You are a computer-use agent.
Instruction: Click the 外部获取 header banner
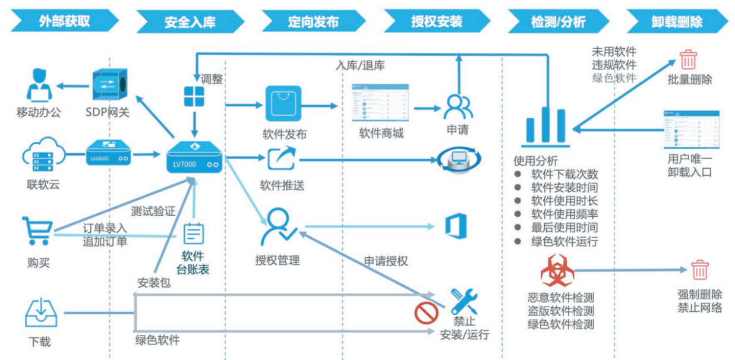pyautogui.click(x=64, y=22)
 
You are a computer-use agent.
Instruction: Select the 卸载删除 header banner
pyautogui.click(x=677, y=22)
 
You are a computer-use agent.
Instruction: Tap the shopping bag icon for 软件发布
pyautogui.click(x=283, y=105)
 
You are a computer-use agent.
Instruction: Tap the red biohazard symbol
pyautogui.click(x=557, y=271)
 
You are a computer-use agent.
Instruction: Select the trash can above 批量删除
pyautogui.click(x=689, y=60)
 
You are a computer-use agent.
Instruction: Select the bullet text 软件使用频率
pyautogui.click(x=564, y=214)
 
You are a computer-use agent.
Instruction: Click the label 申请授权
pyautogui.click(x=386, y=261)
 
